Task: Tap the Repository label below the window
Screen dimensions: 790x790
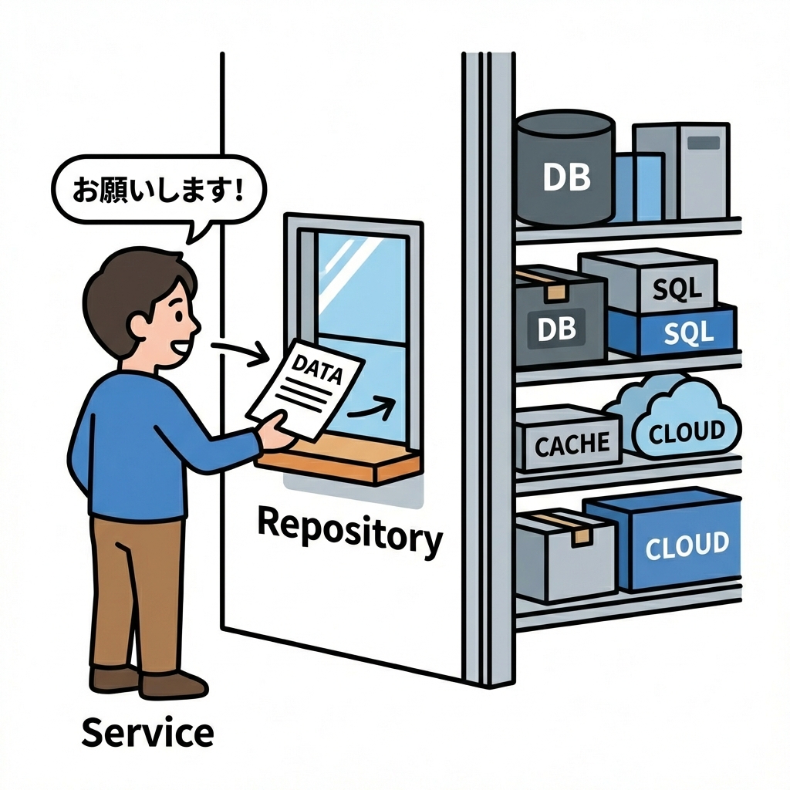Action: click(x=349, y=532)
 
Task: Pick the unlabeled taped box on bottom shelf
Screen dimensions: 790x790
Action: click(x=563, y=555)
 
